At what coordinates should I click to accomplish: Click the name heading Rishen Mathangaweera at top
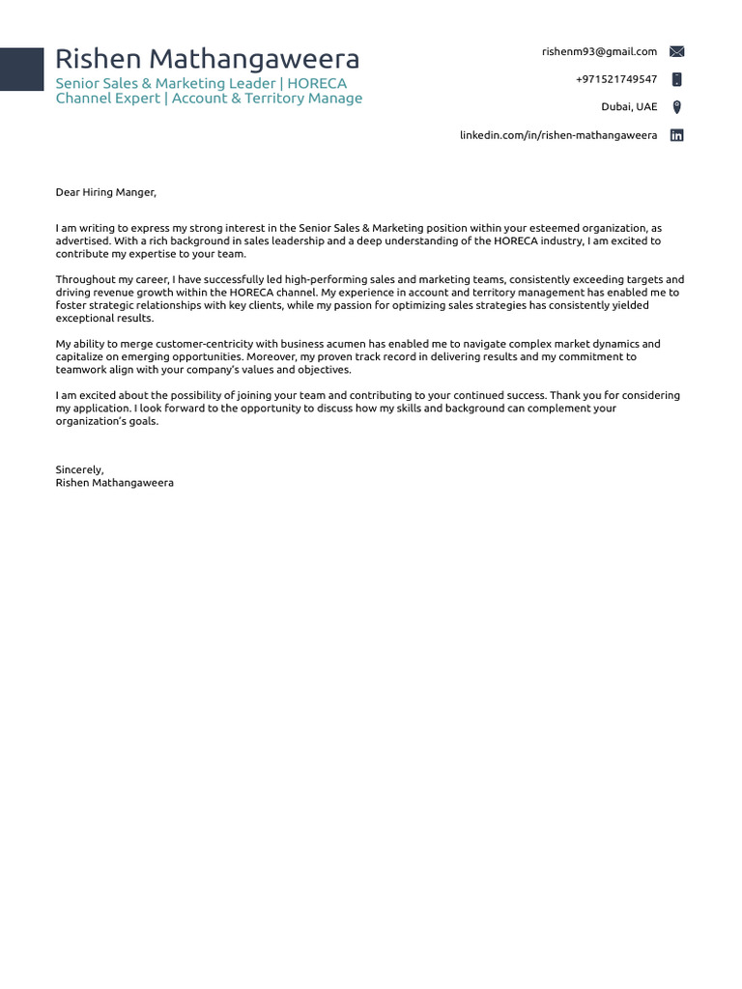coord(207,60)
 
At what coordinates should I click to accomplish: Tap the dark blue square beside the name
coord(21,70)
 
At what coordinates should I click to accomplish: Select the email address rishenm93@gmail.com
coord(599,52)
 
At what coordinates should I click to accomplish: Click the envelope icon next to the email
coord(677,52)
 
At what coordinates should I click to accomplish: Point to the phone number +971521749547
coord(615,79)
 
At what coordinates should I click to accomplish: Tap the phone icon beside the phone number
coord(677,79)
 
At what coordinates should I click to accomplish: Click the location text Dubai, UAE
coord(629,107)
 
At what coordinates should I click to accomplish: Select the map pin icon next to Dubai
coord(677,107)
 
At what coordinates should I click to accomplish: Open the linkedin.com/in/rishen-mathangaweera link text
coord(558,135)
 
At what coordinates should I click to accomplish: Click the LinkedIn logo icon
coord(677,135)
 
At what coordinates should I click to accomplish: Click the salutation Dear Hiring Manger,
coord(105,192)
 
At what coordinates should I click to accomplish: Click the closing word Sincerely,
coord(79,469)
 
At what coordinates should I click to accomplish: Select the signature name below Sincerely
coord(114,482)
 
